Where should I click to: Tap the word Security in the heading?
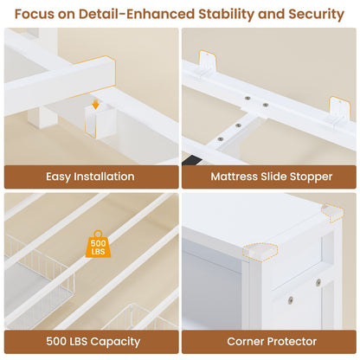pos(317,14)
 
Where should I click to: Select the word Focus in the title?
pos(34,14)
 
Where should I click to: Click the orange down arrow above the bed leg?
pos(96,105)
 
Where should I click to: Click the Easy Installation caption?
pos(90,177)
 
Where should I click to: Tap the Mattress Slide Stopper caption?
pos(272,177)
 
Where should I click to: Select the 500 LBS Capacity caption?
pos(93,342)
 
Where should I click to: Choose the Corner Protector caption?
pos(272,342)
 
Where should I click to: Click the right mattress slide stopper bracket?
pos(340,109)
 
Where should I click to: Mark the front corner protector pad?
pos(260,252)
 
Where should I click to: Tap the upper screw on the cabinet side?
pos(318,282)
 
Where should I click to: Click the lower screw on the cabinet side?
pos(291,300)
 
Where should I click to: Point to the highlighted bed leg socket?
pos(100,121)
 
